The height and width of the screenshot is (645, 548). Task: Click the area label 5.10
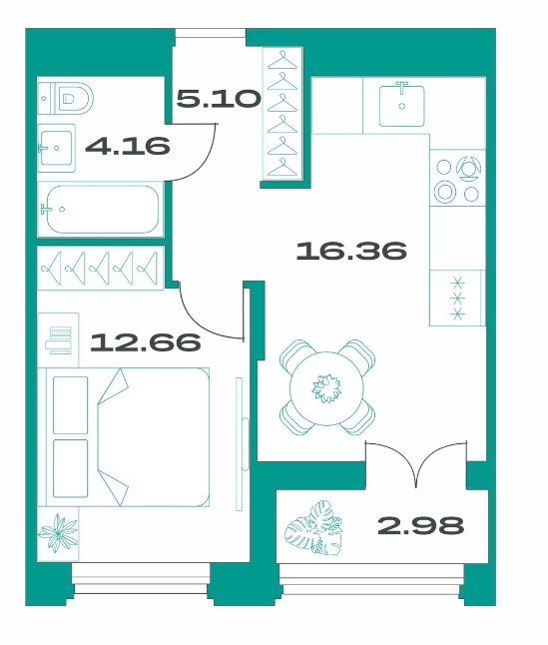(x=220, y=99)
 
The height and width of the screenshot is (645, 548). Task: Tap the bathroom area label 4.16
(x=128, y=145)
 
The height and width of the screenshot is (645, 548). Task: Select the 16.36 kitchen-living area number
(x=351, y=251)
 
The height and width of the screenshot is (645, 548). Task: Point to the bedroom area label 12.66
(x=146, y=341)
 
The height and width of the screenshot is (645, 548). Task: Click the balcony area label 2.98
(x=420, y=525)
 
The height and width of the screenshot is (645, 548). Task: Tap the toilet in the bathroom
(x=66, y=99)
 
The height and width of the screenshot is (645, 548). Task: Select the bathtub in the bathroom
(x=100, y=210)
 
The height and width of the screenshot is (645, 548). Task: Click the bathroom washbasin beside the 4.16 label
(x=57, y=148)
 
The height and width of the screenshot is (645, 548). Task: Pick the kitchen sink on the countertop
(x=401, y=105)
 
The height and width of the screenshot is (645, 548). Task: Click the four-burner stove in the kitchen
(x=457, y=178)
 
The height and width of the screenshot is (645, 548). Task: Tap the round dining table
(x=326, y=388)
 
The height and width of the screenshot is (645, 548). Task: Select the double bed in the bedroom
(x=128, y=437)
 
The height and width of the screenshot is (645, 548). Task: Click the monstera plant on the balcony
(x=314, y=527)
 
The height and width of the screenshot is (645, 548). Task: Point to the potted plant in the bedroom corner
(x=58, y=533)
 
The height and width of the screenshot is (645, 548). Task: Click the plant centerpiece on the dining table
(x=326, y=388)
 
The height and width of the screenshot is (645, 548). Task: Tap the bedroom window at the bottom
(x=141, y=579)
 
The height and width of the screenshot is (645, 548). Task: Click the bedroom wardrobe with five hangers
(x=100, y=268)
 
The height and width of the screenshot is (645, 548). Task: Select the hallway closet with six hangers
(x=282, y=114)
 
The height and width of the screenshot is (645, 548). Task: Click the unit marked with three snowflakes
(x=457, y=299)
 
